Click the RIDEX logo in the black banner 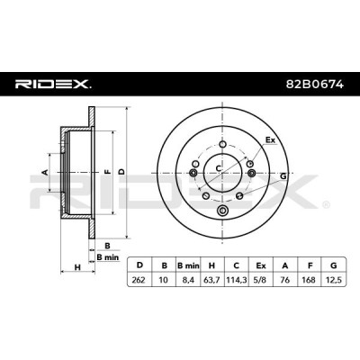point(53,85)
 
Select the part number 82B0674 point(315,85)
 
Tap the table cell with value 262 point(139,280)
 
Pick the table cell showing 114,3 point(236,280)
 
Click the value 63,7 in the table point(211,280)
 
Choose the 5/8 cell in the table point(260,280)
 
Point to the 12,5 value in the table point(333,280)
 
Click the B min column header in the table point(188,265)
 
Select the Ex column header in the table point(260,265)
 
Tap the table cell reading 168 point(309,280)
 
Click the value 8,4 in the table point(188,280)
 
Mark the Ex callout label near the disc point(270,139)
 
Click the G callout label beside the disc point(283,176)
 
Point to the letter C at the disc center point(219,168)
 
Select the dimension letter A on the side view point(45,172)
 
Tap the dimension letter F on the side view point(107,172)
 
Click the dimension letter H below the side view point(77,266)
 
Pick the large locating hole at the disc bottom point(222,210)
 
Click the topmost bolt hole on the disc point(222,144)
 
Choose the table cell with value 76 point(284,280)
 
